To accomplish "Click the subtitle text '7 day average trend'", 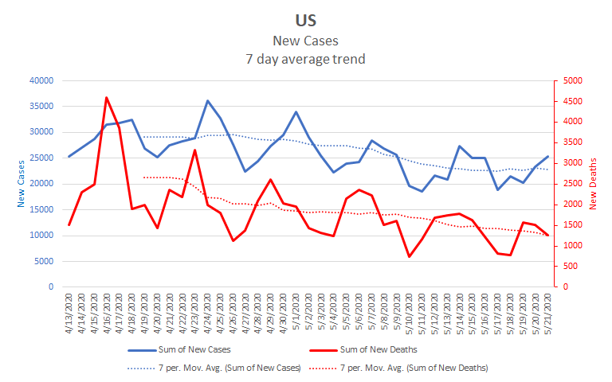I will [x=305, y=58].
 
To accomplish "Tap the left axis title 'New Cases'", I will [x=21, y=183].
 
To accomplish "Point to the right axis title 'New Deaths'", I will [x=594, y=183].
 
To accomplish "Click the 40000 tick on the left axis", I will [x=39, y=80].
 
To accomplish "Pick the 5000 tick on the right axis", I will [x=574, y=80].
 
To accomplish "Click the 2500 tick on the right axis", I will [x=574, y=183].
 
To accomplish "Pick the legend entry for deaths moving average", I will [x=414, y=368].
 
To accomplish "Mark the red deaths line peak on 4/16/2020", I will [x=107, y=98].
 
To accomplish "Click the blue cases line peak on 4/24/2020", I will [x=208, y=101].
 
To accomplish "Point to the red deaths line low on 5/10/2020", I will [x=410, y=256].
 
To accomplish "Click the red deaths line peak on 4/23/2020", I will [x=195, y=150].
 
